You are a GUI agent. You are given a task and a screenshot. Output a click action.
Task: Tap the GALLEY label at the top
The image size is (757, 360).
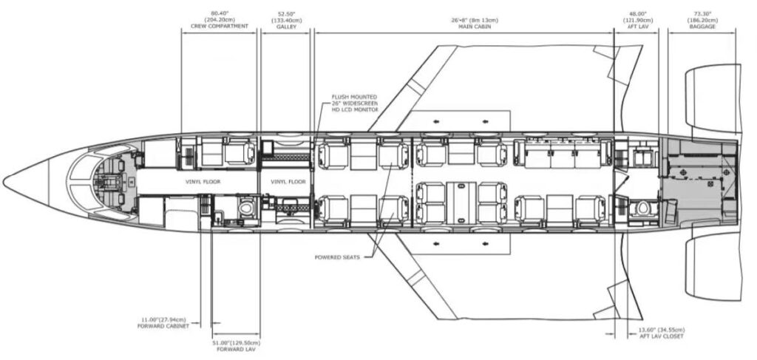click(x=285, y=26)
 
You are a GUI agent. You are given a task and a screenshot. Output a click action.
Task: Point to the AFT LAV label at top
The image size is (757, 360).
click(x=637, y=26)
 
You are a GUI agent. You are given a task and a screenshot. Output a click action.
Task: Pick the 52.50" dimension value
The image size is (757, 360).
click(x=285, y=13)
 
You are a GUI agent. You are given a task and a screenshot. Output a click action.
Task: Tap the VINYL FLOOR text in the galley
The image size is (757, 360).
click(x=288, y=181)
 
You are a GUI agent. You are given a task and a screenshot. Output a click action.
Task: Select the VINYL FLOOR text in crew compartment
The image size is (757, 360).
click(x=203, y=181)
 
